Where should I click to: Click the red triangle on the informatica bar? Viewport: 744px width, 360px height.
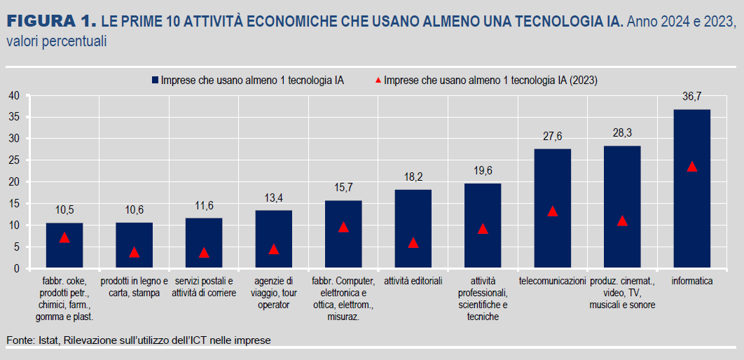692,167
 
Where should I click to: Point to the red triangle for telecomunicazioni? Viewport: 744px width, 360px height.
552,212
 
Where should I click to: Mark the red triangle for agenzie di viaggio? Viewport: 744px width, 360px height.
273,249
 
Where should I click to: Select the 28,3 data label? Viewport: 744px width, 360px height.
622,133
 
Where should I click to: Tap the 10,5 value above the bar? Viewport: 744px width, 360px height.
64,210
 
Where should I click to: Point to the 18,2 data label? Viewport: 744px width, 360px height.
413,177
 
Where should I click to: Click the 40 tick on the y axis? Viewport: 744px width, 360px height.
13,95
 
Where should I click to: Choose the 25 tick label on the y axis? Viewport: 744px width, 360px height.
13,160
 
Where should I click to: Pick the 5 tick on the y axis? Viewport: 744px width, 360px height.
16,247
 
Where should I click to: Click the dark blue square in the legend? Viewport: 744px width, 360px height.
154,80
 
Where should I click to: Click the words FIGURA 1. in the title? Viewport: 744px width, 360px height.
50,20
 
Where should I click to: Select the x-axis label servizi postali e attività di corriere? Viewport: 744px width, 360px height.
204,287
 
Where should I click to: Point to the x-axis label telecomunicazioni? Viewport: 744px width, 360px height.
552,281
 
